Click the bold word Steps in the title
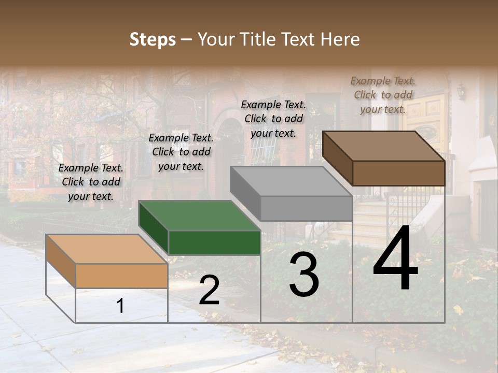pyautogui.click(x=153, y=39)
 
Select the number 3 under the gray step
pyautogui.click(x=304, y=276)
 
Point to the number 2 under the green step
pyautogui.click(x=209, y=291)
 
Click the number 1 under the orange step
pyautogui.click(x=120, y=306)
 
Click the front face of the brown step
pyautogui.click(x=398, y=173)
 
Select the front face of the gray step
pyautogui.click(x=306, y=208)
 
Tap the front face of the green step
pyautogui.click(x=214, y=242)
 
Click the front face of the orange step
pyautogui.click(x=121, y=276)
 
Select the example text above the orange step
pyautogui.click(x=91, y=182)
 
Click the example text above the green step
pyautogui.click(x=181, y=152)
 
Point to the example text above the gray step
pyautogui.click(x=273, y=119)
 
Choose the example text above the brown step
pyautogui.click(x=383, y=95)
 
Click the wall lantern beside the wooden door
pyautogui.click(x=461, y=92)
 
